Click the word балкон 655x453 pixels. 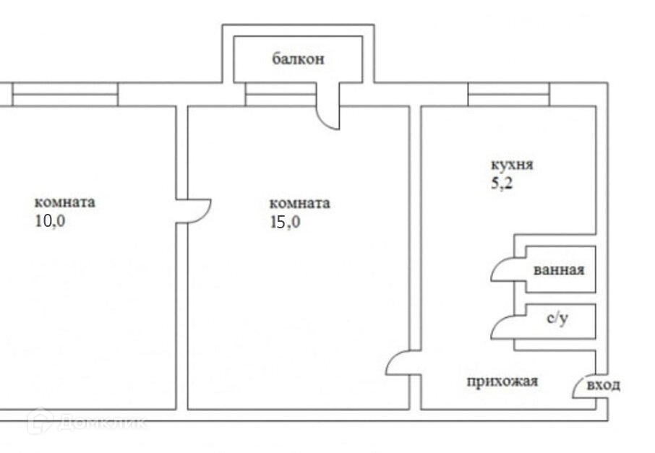pos(298,59)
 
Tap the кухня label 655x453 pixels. pos(512,165)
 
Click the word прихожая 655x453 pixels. pos(502,381)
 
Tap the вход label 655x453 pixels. pos(603,385)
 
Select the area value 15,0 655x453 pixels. pos(284,223)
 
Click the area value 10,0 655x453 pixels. pos(50,221)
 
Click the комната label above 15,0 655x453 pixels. pos(299,204)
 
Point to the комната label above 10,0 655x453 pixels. pos(64,202)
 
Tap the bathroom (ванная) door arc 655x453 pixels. pos(502,269)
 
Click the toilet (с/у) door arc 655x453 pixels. pos(502,327)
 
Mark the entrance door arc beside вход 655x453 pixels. pos(583,387)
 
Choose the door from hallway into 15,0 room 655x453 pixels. pos(400,363)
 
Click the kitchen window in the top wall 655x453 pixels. pos(508,95)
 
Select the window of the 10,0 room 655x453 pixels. pos(65,95)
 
